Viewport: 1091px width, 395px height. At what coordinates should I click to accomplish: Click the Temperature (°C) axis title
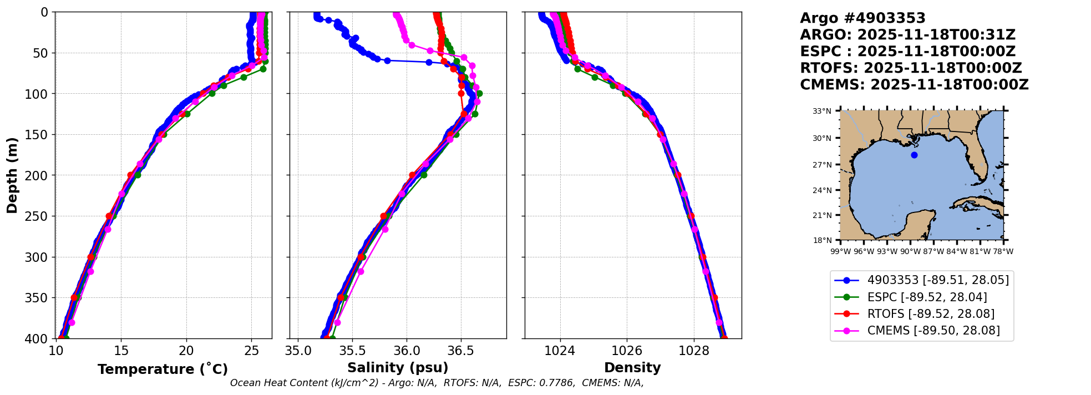[x=163, y=369]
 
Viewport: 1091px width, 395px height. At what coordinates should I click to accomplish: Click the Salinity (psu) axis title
[x=398, y=368]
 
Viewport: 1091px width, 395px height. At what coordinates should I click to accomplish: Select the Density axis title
[x=632, y=368]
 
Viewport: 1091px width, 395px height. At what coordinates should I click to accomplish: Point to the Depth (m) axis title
[x=12, y=175]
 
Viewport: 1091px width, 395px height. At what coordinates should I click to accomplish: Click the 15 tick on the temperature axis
[x=121, y=351]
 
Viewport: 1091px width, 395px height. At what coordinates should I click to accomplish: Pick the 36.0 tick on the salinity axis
[x=407, y=351]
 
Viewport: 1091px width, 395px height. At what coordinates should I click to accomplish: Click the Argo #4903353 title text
[x=862, y=18]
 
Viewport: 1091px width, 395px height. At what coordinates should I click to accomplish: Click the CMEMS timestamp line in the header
[x=914, y=85]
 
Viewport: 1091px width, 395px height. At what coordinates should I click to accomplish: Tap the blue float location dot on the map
[x=914, y=155]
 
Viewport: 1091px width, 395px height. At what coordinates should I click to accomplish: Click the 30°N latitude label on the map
[x=822, y=138]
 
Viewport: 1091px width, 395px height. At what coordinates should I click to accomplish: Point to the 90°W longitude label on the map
[x=910, y=251]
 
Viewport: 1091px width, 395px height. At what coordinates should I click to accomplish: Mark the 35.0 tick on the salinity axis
[x=298, y=351]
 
